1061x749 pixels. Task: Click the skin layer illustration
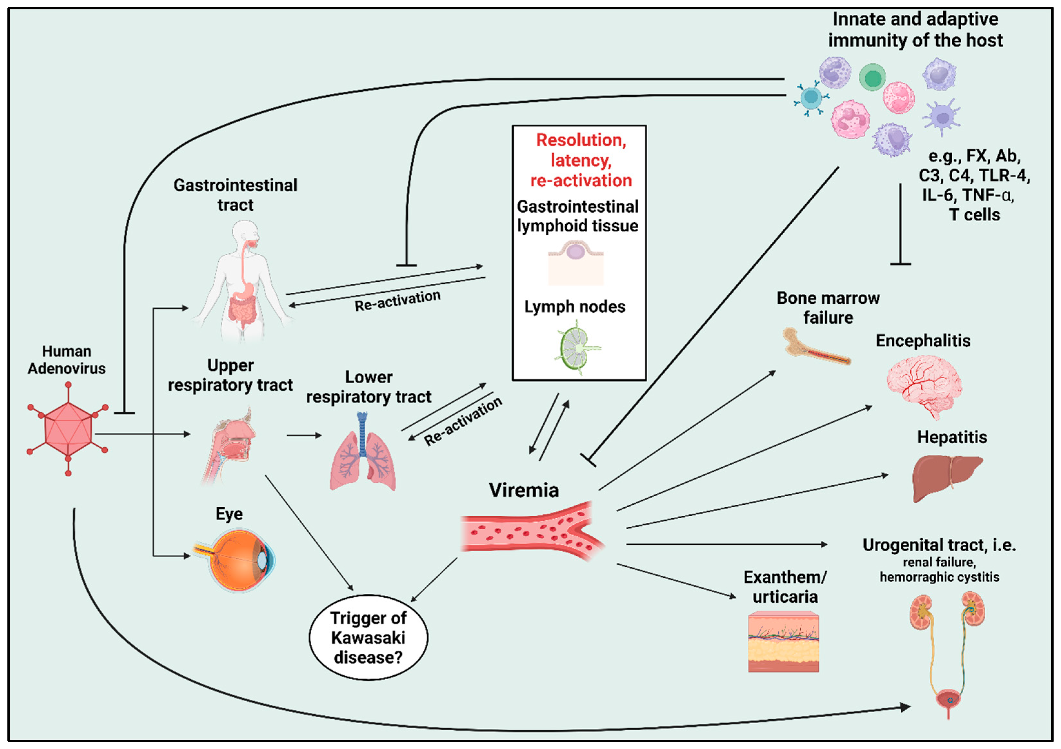pyautogui.click(x=783, y=642)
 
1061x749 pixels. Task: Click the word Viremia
pyautogui.click(x=524, y=491)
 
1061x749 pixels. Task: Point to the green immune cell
pyautogui.click(x=872, y=77)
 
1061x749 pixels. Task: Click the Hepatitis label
pyautogui.click(x=952, y=437)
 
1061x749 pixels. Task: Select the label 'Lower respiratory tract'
pyautogui.click(x=369, y=387)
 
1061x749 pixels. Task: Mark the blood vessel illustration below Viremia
pyautogui.click(x=531, y=532)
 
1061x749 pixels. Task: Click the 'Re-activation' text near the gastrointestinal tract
pyautogui.click(x=397, y=300)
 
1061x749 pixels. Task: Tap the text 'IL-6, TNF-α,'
pyautogui.click(x=968, y=195)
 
